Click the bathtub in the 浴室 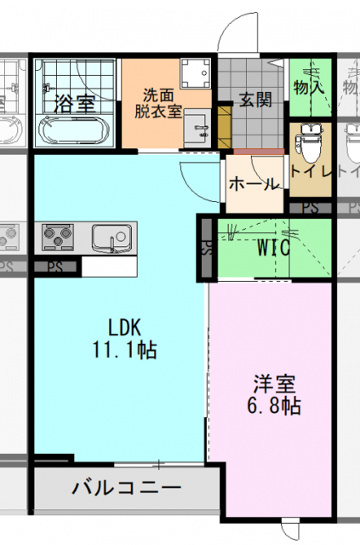click(x=72, y=130)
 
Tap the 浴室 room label click(x=75, y=104)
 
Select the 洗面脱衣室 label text click(x=158, y=103)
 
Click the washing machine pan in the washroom click(x=195, y=73)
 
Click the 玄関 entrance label click(x=255, y=100)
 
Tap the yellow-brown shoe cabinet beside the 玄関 click(x=225, y=127)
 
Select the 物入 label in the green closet click(x=309, y=87)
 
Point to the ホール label click(x=254, y=184)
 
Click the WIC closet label click(x=273, y=248)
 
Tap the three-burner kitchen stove click(x=58, y=237)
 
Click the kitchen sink click(x=111, y=238)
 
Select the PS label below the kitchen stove click(x=55, y=267)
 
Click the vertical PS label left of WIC click(x=207, y=248)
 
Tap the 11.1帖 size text click(x=124, y=350)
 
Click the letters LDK click(x=124, y=327)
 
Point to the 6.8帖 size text click(x=274, y=405)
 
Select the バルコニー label click(x=127, y=488)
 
